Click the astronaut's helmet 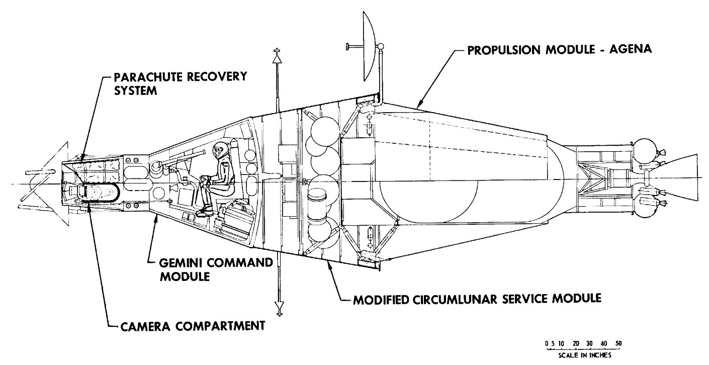(x=220, y=150)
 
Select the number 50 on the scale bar (x=618, y=343)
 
